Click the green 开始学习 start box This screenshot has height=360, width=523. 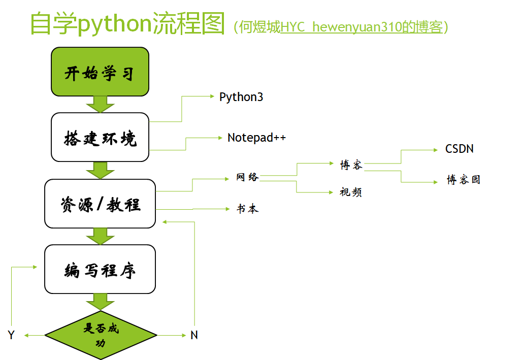tap(100, 72)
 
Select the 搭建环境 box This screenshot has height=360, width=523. tap(100, 137)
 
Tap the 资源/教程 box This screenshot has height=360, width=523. tap(100, 204)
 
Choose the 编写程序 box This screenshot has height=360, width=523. tap(100, 269)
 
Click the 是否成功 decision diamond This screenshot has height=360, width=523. tap(101, 335)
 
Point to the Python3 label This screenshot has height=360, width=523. tap(241, 97)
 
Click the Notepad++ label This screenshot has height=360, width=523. tap(256, 138)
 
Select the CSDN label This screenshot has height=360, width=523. tap(460, 149)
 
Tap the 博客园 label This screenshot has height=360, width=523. tap(463, 180)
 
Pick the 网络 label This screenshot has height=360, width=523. tap(247, 177)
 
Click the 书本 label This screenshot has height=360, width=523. tap(247, 209)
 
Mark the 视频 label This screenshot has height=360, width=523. tap(351, 192)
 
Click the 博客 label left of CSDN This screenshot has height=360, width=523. tap(351, 165)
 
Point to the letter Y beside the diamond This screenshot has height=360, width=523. tap(11, 335)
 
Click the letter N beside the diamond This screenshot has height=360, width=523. tap(194, 335)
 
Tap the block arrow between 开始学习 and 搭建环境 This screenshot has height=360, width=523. tap(100, 104)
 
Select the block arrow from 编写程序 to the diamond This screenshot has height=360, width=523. tap(100, 301)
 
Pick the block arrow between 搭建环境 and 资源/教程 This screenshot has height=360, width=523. tap(100, 170)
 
